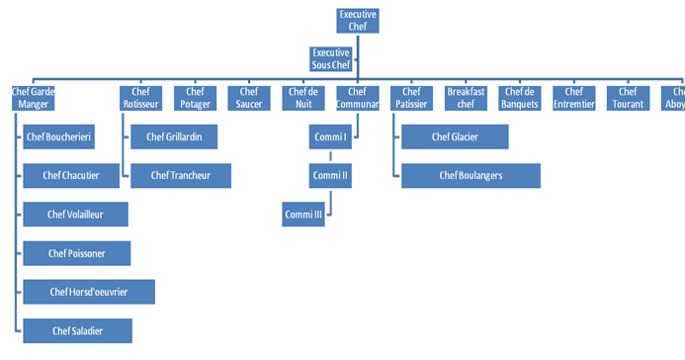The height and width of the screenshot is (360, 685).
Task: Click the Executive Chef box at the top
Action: click(358, 21)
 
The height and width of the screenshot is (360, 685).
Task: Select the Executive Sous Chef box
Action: click(331, 58)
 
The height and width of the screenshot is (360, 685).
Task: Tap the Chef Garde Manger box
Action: click(33, 97)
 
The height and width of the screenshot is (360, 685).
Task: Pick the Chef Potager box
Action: click(195, 97)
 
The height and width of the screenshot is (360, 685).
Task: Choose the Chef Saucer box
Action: click(249, 97)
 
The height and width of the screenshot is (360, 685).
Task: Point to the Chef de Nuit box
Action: click(302, 97)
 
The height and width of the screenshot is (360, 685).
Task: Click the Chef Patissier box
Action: click(411, 97)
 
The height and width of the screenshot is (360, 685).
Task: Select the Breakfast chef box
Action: click(466, 97)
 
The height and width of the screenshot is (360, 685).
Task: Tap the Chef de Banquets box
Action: click(519, 97)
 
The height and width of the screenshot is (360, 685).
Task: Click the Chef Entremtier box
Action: click(573, 97)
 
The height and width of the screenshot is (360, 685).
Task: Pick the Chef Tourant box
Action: click(628, 97)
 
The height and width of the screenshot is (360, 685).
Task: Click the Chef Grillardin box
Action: click(174, 136)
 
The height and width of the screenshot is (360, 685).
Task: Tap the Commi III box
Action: click(303, 214)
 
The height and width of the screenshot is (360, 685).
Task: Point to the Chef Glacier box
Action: click(455, 136)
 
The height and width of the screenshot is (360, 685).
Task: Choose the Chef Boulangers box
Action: click(471, 175)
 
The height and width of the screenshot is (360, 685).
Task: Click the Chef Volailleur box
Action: click(75, 214)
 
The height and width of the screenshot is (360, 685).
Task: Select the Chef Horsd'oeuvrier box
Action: click(89, 291)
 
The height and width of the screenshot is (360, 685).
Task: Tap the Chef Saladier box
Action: click(77, 330)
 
